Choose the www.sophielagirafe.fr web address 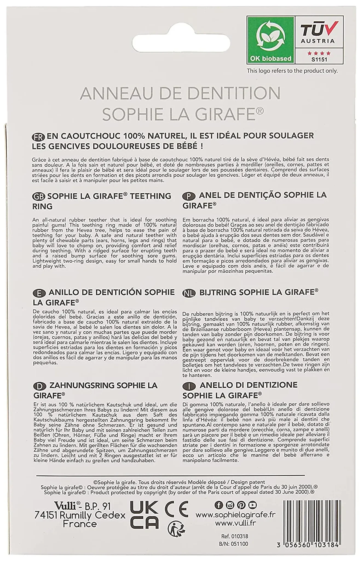pos(236,515)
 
